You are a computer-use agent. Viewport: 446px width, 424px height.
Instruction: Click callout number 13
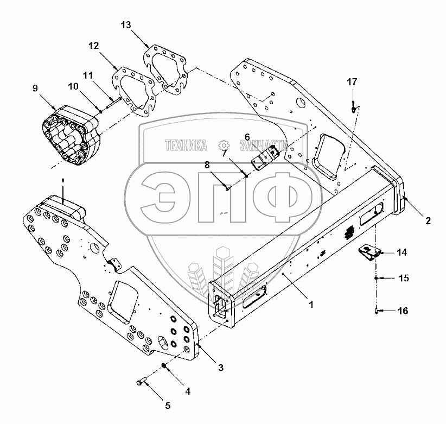(x=126, y=25)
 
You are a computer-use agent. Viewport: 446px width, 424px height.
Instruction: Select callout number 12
(x=94, y=46)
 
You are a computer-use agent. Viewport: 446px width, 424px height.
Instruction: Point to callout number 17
(x=353, y=82)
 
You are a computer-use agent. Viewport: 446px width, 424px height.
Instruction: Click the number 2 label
(x=428, y=220)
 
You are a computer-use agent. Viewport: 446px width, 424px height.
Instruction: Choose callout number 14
(x=402, y=252)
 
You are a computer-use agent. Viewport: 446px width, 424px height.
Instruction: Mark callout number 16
(x=402, y=311)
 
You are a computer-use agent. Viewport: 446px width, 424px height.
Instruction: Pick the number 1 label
(x=311, y=305)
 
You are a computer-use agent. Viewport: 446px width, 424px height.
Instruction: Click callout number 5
(x=152, y=405)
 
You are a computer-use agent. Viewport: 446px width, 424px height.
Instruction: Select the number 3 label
(x=221, y=368)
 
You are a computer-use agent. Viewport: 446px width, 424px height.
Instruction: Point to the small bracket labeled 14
(x=368, y=252)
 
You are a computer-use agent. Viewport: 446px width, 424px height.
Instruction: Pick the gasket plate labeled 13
(x=166, y=71)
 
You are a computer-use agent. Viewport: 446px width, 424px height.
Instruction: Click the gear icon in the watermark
(x=222, y=145)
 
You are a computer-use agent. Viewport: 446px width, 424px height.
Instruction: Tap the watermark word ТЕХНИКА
(x=186, y=145)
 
